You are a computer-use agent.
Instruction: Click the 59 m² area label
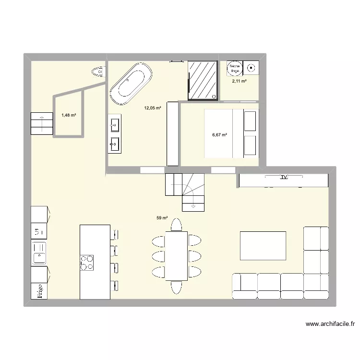pos(162,218)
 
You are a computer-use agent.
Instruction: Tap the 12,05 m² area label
pos(153,108)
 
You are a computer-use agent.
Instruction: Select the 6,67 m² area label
pos(219,135)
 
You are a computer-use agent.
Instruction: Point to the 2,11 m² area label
pos(239,81)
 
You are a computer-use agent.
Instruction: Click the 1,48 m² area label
pos(69,115)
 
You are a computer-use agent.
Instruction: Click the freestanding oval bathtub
pos(131,84)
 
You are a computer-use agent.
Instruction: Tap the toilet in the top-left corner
pos(98,72)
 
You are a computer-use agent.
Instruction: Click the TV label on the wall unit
pos(283,177)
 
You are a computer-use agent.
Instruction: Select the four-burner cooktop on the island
pos(87,262)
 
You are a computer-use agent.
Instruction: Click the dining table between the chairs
pos(176,255)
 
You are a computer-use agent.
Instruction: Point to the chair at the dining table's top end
pos(176,225)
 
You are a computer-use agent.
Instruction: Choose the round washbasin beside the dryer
pos(251,68)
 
